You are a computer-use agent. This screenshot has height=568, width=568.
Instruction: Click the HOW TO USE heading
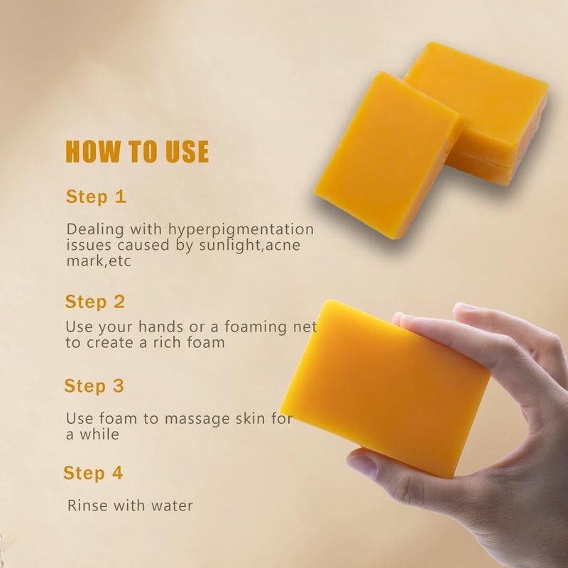(x=137, y=151)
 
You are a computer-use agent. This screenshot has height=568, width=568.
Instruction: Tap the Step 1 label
(x=96, y=197)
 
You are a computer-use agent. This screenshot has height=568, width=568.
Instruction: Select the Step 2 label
(x=95, y=302)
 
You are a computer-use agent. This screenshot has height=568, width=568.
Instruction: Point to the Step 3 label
(x=94, y=386)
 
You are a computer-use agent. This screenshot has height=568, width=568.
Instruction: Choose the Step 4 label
(x=93, y=473)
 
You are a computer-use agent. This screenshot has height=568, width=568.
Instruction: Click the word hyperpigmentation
(x=241, y=230)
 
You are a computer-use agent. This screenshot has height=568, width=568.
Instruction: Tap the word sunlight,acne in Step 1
(x=250, y=245)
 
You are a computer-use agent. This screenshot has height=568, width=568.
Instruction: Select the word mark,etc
(x=99, y=261)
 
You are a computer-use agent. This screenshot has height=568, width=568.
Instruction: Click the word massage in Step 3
(x=197, y=420)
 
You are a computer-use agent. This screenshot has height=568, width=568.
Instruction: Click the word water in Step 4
(x=172, y=506)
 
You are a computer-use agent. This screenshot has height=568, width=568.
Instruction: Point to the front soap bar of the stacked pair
(x=388, y=155)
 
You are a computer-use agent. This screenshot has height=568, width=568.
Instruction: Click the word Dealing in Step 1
(x=95, y=230)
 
